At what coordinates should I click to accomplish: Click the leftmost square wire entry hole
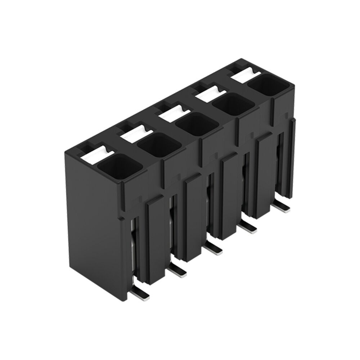click(115, 167)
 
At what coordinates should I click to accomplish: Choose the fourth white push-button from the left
click(211, 93)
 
